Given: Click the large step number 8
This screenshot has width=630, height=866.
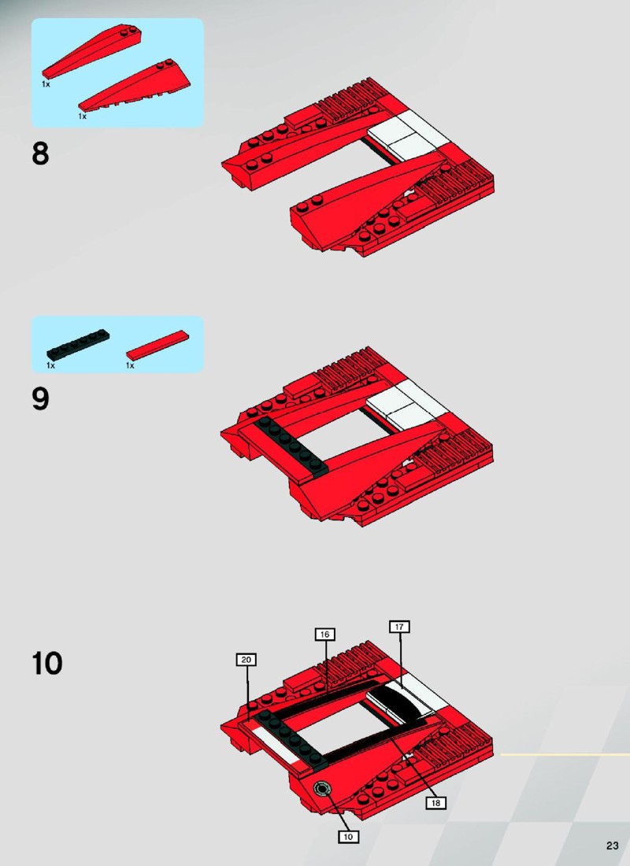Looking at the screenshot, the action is pyautogui.click(x=40, y=154).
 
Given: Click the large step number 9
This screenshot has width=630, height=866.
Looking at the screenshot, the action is pyautogui.click(x=40, y=399).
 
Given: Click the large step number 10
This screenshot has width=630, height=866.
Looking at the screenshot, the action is pyautogui.click(x=47, y=664).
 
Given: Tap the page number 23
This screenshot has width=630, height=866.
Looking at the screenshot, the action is pyautogui.click(x=612, y=846).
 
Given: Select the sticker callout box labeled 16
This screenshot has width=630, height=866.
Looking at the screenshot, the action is pyautogui.click(x=325, y=635).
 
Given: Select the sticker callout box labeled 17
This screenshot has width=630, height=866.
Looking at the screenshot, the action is pyautogui.click(x=399, y=627).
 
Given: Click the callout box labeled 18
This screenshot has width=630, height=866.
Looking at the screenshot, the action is pyautogui.click(x=435, y=803).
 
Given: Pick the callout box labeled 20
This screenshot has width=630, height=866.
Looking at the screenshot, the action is pyautogui.click(x=246, y=660).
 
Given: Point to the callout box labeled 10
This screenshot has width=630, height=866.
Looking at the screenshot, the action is pyautogui.click(x=348, y=837).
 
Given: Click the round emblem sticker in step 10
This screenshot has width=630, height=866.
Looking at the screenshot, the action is pyautogui.click(x=321, y=789).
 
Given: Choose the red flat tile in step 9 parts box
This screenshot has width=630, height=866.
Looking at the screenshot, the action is pyautogui.click(x=157, y=346).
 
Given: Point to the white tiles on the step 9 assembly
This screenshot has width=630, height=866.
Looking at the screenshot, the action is pyautogui.click(x=409, y=402).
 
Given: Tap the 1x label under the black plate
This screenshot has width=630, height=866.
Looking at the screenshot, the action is pyautogui.click(x=51, y=365).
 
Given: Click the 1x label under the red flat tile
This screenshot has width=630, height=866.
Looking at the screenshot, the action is pyautogui.click(x=131, y=365).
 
